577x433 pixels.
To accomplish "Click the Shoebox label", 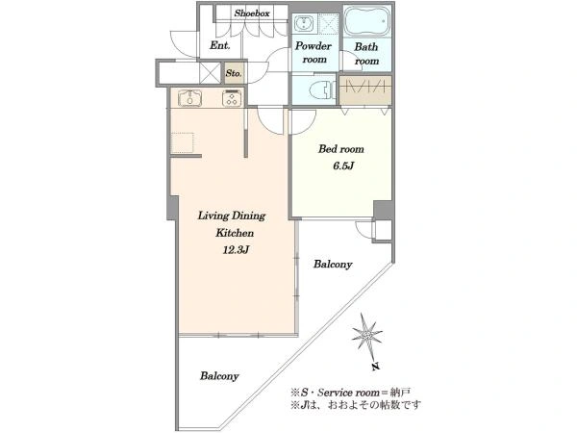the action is [x=252, y=13].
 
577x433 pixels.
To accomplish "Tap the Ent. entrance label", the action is [x=220, y=45].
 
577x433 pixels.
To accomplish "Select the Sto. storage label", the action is [x=234, y=73].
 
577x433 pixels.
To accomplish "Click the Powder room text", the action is [x=314, y=52].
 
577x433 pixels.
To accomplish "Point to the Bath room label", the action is [x=366, y=54].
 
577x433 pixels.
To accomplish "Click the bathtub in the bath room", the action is [x=367, y=21].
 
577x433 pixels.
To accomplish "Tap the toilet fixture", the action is [x=322, y=89].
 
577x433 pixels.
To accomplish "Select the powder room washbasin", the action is [x=304, y=23].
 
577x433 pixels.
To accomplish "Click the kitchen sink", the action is [x=189, y=98].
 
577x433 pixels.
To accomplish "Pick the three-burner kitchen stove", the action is [x=232, y=98].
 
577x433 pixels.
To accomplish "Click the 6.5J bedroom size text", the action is [x=343, y=166].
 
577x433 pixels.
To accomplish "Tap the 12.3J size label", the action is [x=236, y=250].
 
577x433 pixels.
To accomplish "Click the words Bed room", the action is [x=341, y=149].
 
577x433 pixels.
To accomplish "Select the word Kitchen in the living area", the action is [x=235, y=233].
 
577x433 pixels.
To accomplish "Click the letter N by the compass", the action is [x=375, y=367].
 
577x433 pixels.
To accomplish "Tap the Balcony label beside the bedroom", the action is [x=333, y=265].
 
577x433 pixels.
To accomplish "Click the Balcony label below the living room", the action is [x=219, y=376].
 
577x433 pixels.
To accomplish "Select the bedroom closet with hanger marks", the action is [x=365, y=89].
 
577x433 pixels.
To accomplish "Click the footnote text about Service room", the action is [x=350, y=393].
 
